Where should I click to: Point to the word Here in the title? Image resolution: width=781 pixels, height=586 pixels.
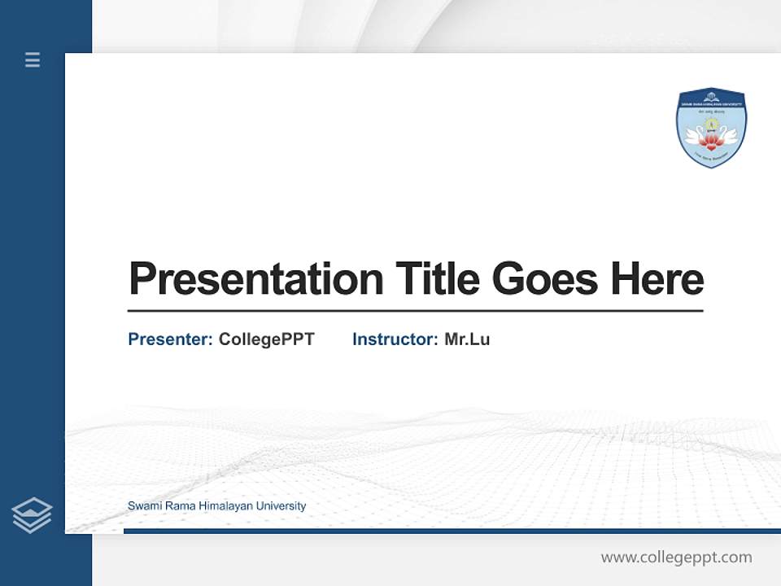tap(657, 279)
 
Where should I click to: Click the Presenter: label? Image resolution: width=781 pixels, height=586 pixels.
tap(170, 339)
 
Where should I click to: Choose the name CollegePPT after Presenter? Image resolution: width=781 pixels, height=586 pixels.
tap(266, 339)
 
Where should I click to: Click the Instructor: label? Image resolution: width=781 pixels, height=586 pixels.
tap(395, 339)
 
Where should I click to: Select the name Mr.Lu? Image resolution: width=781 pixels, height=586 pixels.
tap(467, 339)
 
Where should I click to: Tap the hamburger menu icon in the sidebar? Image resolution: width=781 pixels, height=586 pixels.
tap(33, 59)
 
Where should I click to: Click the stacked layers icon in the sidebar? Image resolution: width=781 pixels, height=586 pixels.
tap(32, 515)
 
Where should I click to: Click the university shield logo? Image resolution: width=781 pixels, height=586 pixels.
tap(711, 128)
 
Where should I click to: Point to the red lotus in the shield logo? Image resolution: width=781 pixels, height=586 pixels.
tap(711, 143)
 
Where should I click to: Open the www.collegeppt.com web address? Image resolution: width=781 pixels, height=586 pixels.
tap(676, 558)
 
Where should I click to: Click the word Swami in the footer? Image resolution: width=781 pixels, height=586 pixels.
tap(143, 506)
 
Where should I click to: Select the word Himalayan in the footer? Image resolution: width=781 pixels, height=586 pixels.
tap(225, 506)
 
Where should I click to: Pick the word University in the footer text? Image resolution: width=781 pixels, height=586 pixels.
tap(281, 506)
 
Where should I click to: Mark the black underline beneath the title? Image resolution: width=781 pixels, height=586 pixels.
tap(415, 311)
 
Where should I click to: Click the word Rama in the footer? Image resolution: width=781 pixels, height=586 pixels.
tap(180, 506)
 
